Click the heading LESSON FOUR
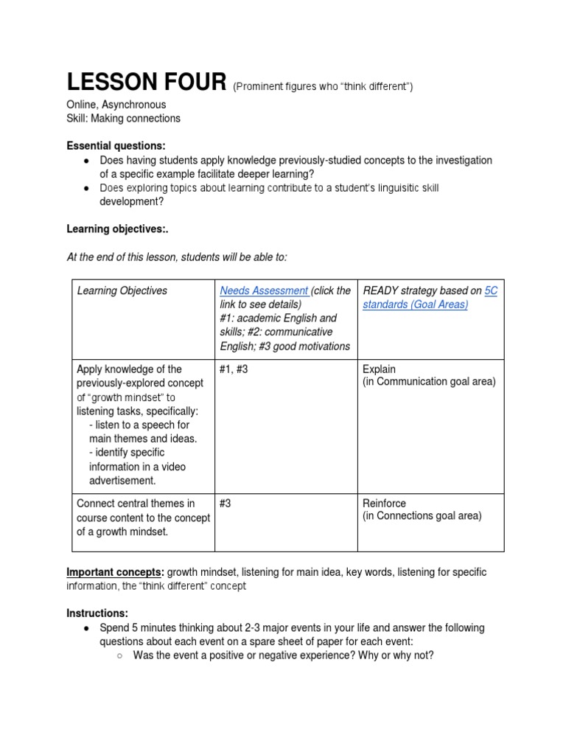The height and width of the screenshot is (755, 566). [146, 83]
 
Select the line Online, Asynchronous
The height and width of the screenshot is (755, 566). [116, 105]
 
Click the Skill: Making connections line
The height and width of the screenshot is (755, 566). [123, 118]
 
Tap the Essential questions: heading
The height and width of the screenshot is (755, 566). [116, 146]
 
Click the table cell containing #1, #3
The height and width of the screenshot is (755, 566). [234, 369]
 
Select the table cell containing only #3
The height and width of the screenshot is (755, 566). [226, 503]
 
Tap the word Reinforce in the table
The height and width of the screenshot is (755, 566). [384, 503]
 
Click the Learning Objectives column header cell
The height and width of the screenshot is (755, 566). [122, 290]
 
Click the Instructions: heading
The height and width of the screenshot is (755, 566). [97, 613]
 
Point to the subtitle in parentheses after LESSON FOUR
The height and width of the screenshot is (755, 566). [323, 87]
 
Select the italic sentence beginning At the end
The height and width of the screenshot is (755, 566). [177, 256]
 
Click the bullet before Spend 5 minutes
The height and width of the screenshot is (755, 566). [87, 628]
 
